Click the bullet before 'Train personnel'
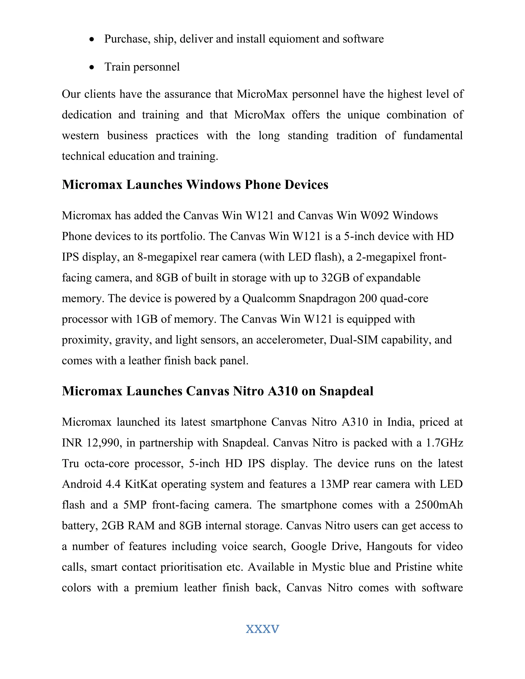point(92,67)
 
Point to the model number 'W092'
point(375,215)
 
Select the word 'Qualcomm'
point(269,299)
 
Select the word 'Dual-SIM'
point(354,340)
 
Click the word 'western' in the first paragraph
point(80,136)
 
